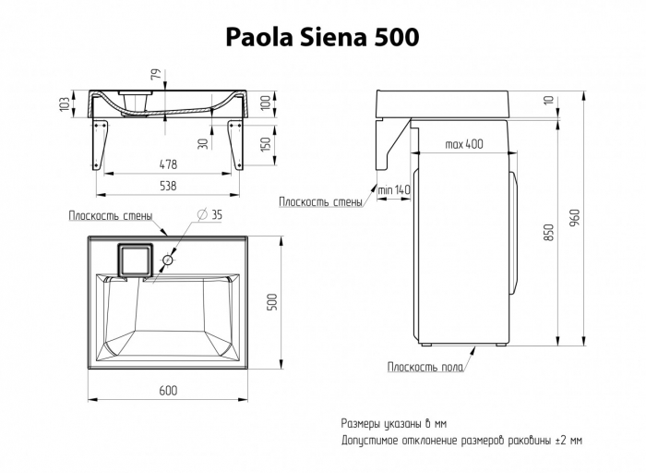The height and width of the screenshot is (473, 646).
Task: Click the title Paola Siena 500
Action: point(323,36)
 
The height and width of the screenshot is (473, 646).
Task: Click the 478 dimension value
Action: point(167,164)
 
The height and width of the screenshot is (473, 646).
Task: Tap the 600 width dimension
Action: point(167,391)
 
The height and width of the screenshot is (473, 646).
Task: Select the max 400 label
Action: point(463,144)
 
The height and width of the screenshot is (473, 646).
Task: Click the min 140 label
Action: point(394,190)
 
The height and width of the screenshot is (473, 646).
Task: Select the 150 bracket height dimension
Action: point(265,145)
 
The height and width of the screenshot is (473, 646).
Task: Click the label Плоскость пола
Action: point(425,367)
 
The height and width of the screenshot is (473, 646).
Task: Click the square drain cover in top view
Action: point(135,260)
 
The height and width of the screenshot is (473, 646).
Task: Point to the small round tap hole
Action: point(168,261)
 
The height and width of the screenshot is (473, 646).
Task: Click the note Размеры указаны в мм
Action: point(404,422)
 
